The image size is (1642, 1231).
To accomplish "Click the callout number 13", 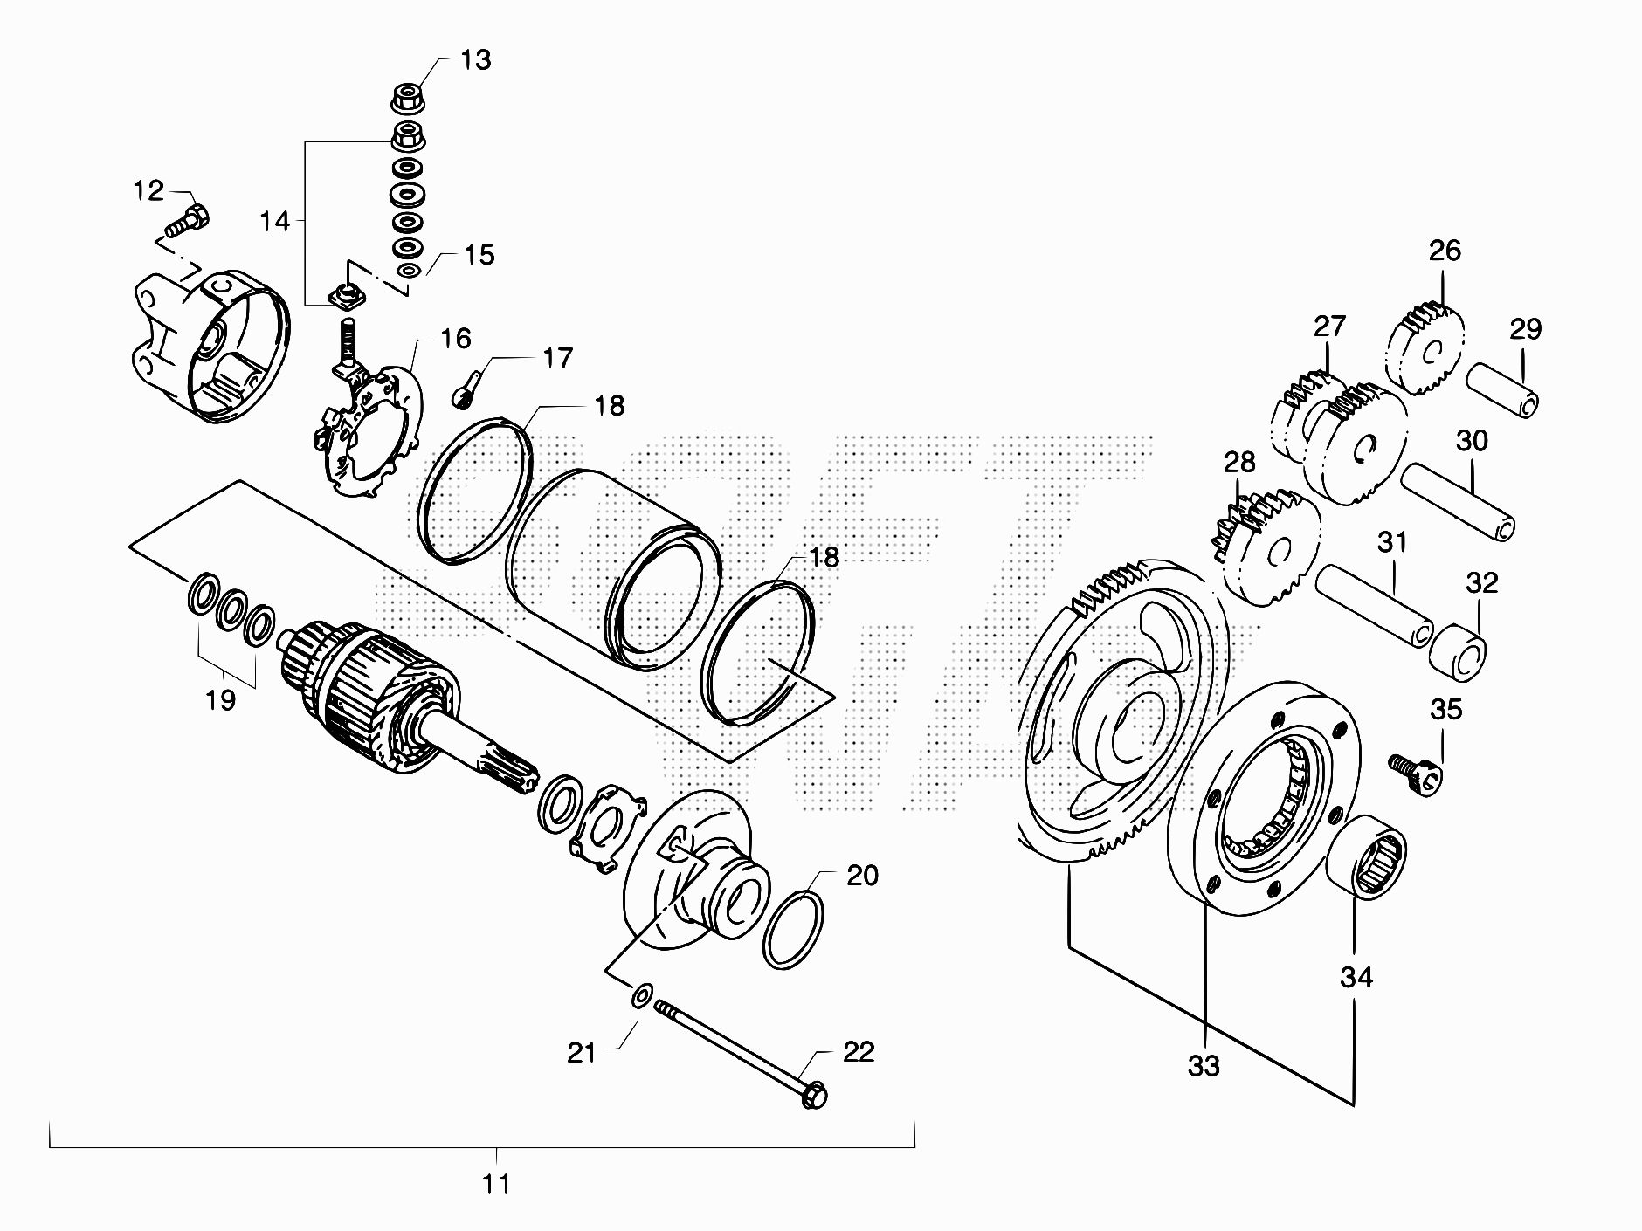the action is (476, 60).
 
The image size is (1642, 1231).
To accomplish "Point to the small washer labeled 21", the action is (642, 994).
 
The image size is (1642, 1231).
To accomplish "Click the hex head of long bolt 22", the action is (814, 1093).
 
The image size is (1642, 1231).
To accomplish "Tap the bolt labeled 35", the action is (1415, 771).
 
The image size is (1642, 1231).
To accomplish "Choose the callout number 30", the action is (1472, 441).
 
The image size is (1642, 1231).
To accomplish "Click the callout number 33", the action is (1204, 1066).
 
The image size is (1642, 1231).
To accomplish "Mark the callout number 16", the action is (456, 339).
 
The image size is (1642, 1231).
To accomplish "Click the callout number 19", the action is (221, 699).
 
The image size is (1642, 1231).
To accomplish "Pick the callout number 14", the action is (274, 221).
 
